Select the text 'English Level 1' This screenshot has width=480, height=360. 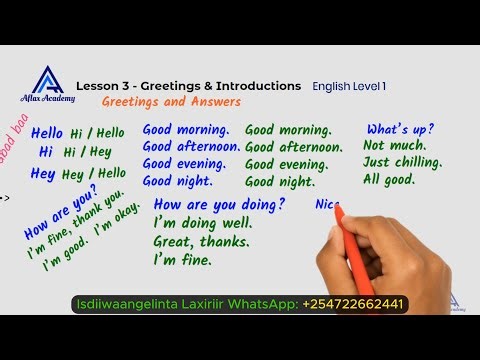pos(349,87)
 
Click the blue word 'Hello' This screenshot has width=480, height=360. pos(47,132)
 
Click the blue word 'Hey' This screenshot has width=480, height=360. pos(42,173)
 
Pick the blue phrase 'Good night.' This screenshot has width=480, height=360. pos(177,181)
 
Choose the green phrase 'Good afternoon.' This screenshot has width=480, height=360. pos(295,147)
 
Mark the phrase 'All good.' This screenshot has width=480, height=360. pos(388,181)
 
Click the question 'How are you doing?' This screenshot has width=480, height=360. pos(219,204)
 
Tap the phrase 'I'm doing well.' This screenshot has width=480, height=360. pos(202,223)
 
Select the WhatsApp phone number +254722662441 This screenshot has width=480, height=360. pos(353,303)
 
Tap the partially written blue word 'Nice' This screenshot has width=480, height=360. pos(327,205)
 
